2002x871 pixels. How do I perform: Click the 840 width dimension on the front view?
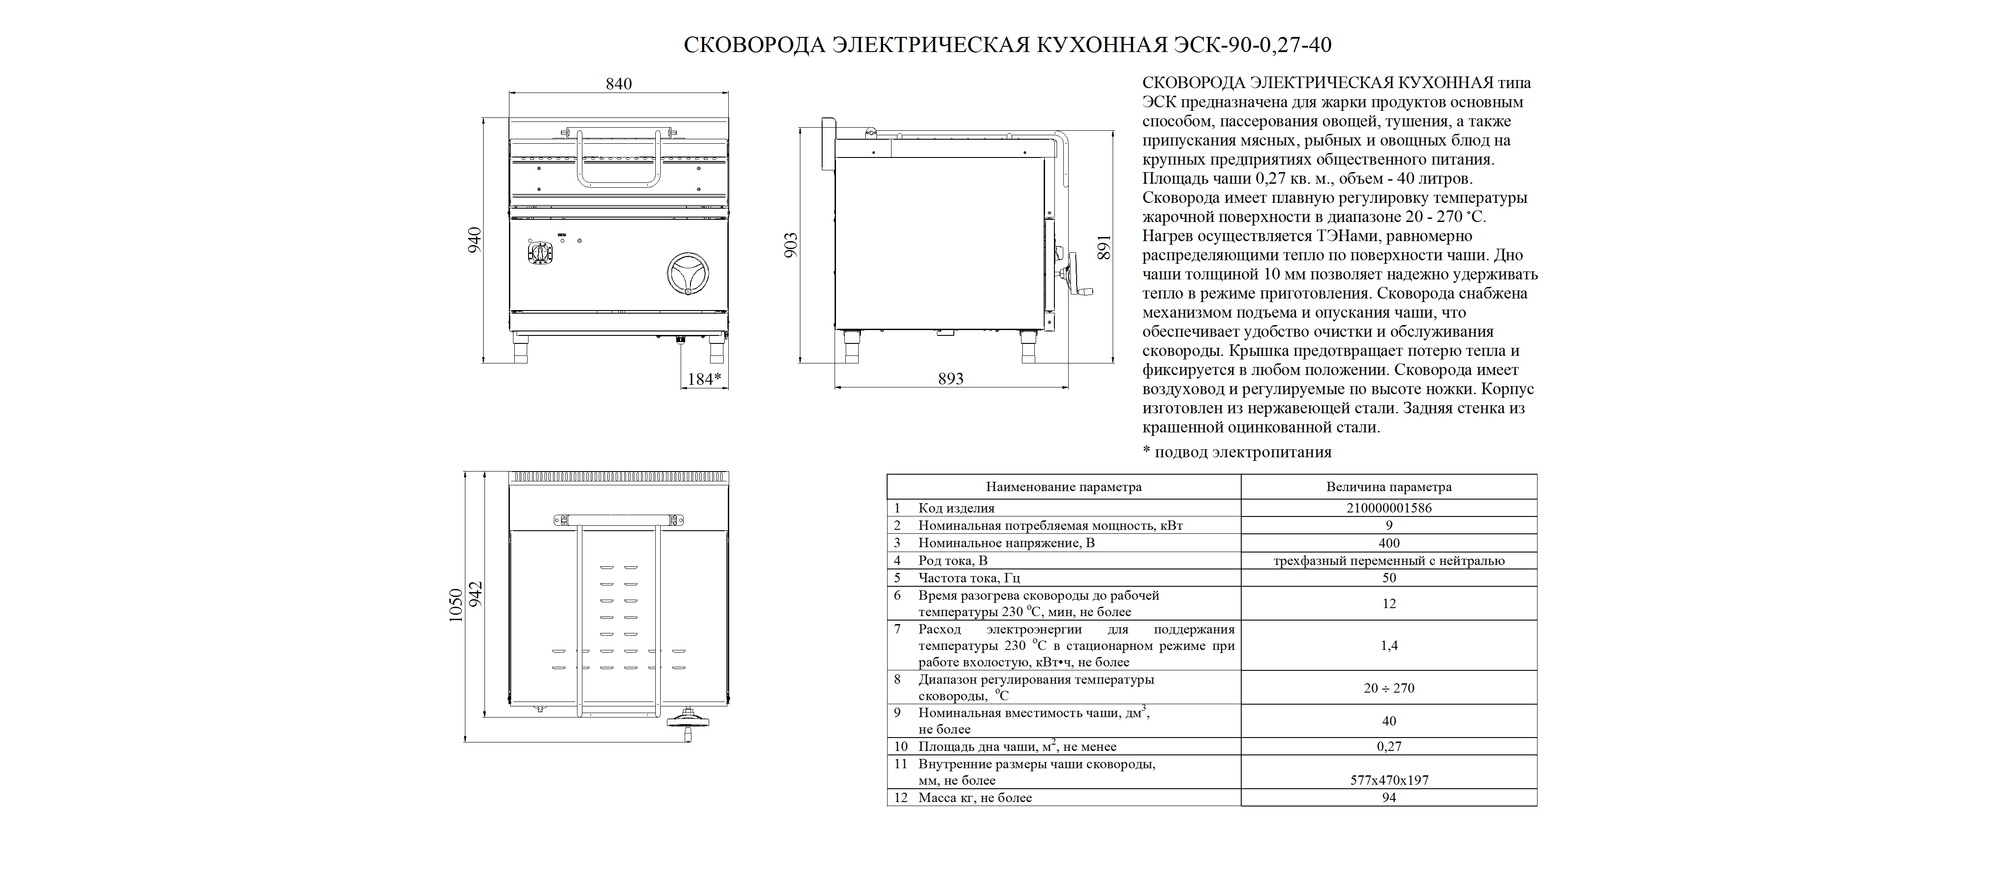tap(619, 84)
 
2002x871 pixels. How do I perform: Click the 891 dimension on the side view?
tap(1104, 247)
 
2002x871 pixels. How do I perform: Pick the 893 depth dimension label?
tap(950, 379)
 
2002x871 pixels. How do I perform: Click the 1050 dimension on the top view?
tap(456, 605)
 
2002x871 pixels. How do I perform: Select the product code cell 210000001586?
tap(1389, 508)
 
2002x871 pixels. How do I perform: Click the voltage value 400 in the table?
tap(1389, 543)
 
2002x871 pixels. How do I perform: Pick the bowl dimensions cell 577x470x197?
tap(1389, 780)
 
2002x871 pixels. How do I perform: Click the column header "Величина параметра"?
tap(1389, 487)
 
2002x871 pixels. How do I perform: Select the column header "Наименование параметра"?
tap(1064, 487)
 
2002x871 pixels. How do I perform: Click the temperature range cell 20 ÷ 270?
tap(1389, 688)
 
